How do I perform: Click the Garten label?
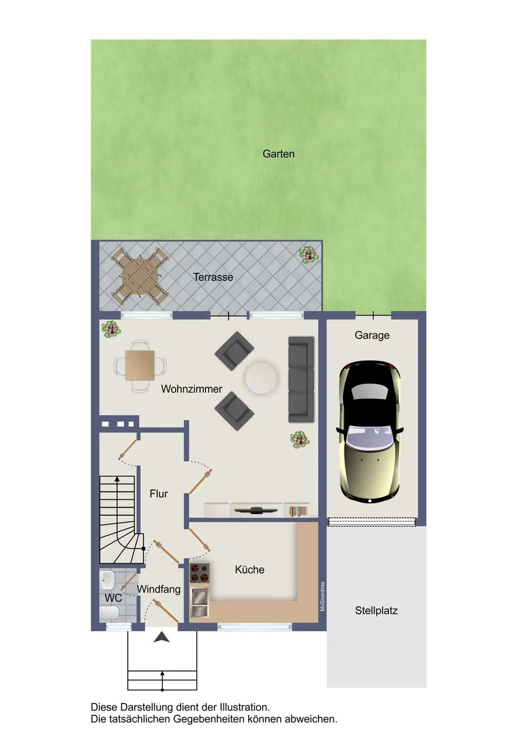click(278, 154)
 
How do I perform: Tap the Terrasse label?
click(213, 277)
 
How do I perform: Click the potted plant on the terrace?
click(308, 254)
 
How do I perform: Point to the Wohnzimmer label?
click(191, 389)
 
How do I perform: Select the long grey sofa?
click(301, 379)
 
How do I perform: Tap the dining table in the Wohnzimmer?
click(140, 365)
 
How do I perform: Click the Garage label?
click(372, 335)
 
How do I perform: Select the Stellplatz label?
click(376, 611)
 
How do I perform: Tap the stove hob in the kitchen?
click(199, 573)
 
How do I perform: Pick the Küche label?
click(249, 570)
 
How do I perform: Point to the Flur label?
click(159, 494)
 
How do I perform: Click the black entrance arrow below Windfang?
click(161, 637)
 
